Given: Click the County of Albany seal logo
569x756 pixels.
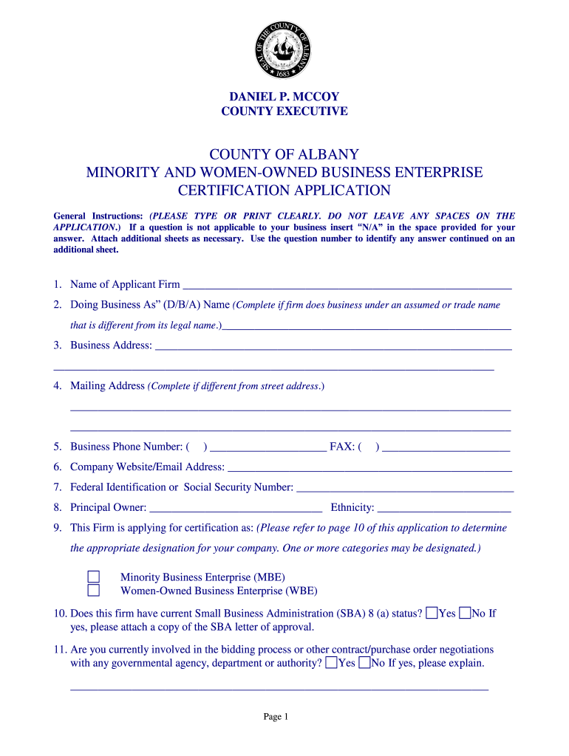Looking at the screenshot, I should point(284,50).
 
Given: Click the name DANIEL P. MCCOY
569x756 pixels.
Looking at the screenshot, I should point(284,97).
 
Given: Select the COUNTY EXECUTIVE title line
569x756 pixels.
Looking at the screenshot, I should point(284,111).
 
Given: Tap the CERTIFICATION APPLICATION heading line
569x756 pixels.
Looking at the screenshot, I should point(284,190).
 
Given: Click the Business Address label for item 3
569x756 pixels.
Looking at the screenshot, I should point(111,346).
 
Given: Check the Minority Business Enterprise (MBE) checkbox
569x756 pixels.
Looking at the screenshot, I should point(94,577).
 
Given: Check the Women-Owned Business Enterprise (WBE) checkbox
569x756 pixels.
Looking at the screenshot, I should point(94,590).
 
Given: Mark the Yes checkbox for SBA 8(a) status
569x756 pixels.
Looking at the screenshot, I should point(432,613).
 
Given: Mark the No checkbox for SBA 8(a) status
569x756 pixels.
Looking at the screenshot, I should point(465,613).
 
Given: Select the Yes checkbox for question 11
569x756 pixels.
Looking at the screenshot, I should point(332,663).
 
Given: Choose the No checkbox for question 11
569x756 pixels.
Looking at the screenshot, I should point(364,663).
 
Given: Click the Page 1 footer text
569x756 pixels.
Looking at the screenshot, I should point(276,717).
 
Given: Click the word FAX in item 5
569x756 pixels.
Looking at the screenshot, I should point(341,447).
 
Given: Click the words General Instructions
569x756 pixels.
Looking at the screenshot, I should point(98,216).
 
